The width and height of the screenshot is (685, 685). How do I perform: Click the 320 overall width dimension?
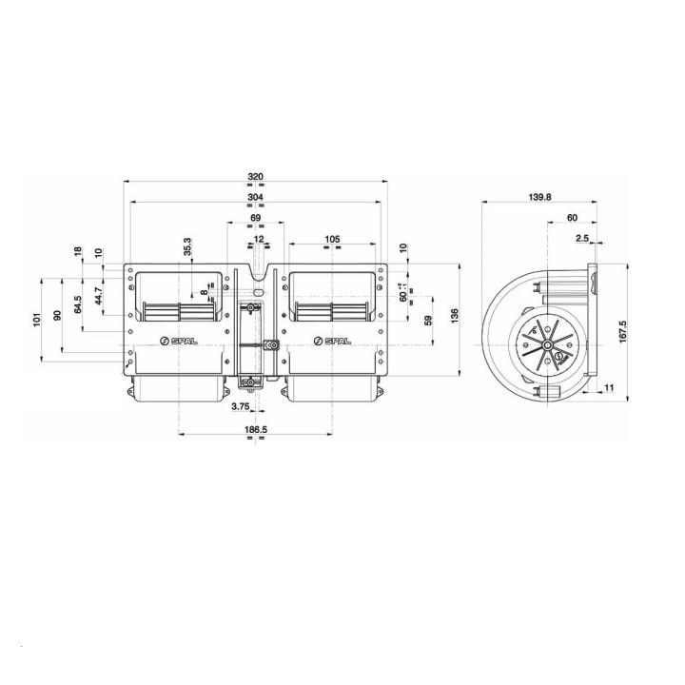coord(255,176)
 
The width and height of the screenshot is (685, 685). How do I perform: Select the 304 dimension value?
coord(255,198)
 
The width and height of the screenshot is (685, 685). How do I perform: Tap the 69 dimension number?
coord(255,219)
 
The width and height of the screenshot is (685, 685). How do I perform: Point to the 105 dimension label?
coord(332,238)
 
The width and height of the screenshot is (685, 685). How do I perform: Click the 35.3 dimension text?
coord(186,246)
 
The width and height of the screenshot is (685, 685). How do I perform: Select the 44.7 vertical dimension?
coord(98,298)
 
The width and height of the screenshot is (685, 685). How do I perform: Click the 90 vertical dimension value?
coord(57,315)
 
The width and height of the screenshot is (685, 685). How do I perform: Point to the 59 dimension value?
coord(428,320)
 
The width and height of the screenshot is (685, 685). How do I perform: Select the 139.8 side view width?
coord(538,197)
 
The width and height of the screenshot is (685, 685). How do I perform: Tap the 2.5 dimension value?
coord(582,238)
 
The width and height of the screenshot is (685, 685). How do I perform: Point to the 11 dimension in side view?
coord(610,388)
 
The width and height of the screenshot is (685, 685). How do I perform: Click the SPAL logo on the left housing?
coord(177,341)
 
